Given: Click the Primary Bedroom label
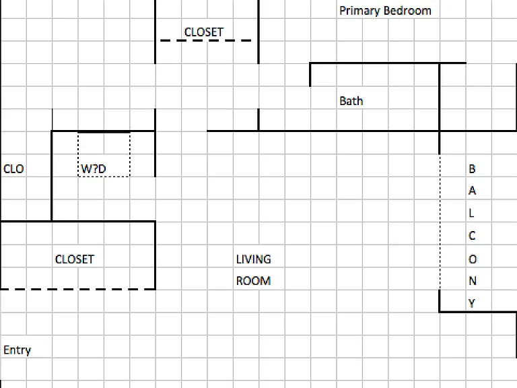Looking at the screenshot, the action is coord(385,11).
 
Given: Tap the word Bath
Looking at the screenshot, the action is coord(351,101).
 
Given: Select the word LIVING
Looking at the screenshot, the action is coord(254,259).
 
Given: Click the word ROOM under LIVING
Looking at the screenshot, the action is coord(254,281).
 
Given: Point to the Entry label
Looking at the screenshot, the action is coord(17,350).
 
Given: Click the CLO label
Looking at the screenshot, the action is coord(13,169).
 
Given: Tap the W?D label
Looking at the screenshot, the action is coord(94,169).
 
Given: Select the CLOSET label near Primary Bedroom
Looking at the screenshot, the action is coord(204,32).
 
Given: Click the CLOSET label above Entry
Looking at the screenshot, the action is coord(75,259).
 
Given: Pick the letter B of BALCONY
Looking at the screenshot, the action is coord(472,169).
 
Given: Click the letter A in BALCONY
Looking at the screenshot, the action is coord(472,191).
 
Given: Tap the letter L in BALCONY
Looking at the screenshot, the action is coord(471,213).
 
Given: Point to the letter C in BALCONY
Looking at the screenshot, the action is coord(472,236).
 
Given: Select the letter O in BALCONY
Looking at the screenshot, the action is coord(473,259).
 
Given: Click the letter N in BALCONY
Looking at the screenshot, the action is coord(473,281).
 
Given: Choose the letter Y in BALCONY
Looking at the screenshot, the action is coord(472,303).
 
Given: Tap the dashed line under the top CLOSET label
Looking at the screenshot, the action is coord(206,40).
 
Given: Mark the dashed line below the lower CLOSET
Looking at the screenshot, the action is coord(78,290).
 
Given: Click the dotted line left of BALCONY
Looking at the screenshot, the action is coord(440,222).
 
